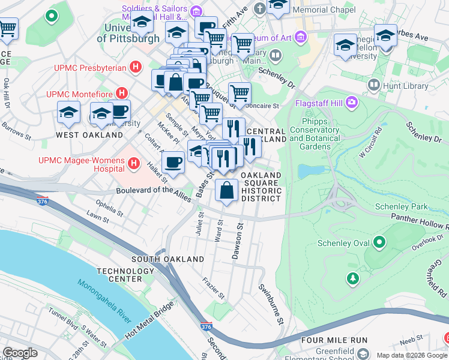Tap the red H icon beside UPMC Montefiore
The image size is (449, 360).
click(122, 93)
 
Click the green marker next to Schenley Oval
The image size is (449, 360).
click(379, 242)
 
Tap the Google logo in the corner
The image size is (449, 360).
click(20, 353)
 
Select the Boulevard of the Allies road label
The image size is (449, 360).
click(153, 191)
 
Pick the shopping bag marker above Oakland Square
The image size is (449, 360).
click(226, 191)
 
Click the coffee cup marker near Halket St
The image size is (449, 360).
click(173, 162)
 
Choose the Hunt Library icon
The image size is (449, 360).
click(375, 86)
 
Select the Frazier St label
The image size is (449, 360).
click(214, 287)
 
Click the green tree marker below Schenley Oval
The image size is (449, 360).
click(353, 278)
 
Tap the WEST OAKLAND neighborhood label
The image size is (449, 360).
click(89, 135)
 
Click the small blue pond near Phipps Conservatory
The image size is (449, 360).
click(310, 171)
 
